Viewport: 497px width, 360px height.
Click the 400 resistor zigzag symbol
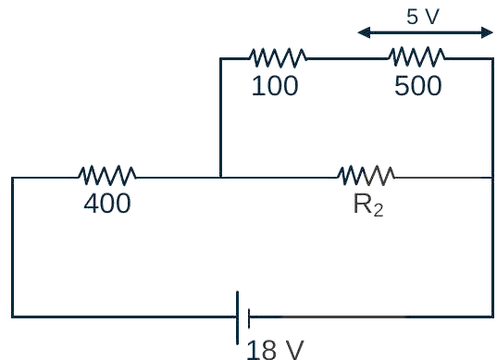107,175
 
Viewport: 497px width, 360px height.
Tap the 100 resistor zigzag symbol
279,58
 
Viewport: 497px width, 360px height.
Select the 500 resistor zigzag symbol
416,57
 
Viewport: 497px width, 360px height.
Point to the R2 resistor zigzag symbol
367,175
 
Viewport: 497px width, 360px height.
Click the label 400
107,203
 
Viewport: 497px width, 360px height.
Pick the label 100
275,85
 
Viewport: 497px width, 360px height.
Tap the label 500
417,85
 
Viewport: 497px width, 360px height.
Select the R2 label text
368,205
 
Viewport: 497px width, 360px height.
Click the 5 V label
423,17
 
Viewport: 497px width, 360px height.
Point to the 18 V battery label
275,350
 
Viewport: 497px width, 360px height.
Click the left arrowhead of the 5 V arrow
364,32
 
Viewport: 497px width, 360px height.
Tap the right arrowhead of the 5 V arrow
487,32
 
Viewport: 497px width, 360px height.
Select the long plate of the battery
238,317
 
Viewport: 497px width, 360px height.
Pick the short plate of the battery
249,317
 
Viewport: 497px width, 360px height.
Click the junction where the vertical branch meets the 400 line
220,177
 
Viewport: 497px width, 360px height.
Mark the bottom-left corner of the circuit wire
12,317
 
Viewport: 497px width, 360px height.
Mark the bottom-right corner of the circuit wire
493,317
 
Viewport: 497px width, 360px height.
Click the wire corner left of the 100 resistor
220,58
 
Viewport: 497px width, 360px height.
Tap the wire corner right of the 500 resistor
493,58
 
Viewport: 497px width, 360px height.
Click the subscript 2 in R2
379,210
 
